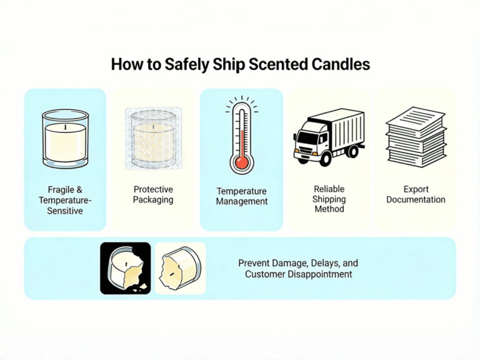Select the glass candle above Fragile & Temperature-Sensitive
tap(65, 140)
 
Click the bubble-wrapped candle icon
tap(153, 140)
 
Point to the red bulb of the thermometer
tap(241, 163)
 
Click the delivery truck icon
tap(329, 136)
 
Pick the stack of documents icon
tap(416, 137)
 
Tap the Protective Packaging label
tap(153, 194)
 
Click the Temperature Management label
tap(241, 196)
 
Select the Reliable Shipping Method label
tap(329, 199)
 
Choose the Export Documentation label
tap(416, 194)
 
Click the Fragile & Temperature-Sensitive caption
tap(65, 200)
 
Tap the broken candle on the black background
tap(125, 268)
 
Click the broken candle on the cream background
tap(180, 268)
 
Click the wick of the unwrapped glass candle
tap(66, 127)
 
